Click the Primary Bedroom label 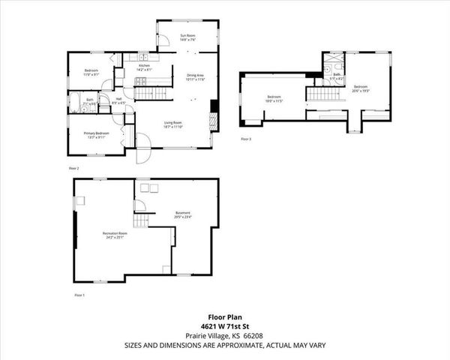(x=96, y=135)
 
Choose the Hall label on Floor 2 (x=118, y=100)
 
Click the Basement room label (x=183, y=214)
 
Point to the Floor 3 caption (x=246, y=139)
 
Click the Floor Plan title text (x=225, y=317)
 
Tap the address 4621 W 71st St (x=225, y=326)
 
